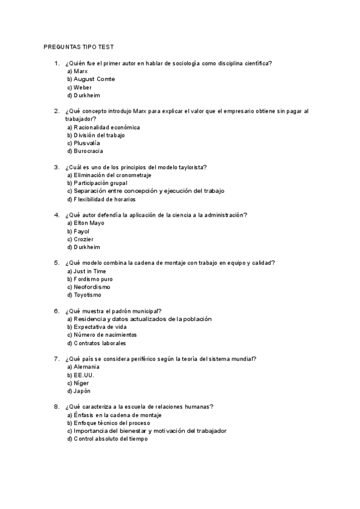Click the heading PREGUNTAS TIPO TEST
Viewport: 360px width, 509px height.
79,46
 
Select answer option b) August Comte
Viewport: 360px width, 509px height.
91,79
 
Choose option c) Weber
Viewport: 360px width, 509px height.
79,87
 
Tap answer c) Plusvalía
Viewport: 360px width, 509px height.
83,143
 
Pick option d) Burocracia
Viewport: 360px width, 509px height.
85,151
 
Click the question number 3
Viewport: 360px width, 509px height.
56,167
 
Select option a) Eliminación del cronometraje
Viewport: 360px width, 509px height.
109,175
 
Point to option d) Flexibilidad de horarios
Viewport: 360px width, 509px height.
101,199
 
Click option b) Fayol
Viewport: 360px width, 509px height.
78,231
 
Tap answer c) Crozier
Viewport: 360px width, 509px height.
80,239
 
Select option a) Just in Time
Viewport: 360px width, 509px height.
86,271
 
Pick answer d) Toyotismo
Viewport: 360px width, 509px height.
84,295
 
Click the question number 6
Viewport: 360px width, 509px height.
56,311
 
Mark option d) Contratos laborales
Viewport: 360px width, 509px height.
97,343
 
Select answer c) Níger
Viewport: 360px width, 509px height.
78,383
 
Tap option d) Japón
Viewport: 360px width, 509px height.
79,391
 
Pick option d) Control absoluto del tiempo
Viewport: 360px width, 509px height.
107,439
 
